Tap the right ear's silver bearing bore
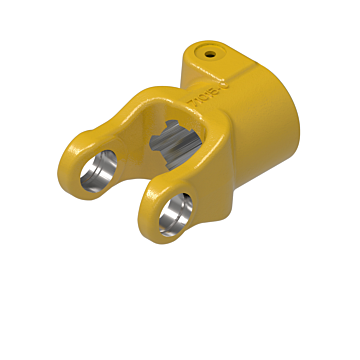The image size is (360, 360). pyautogui.click(x=181, y=209)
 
